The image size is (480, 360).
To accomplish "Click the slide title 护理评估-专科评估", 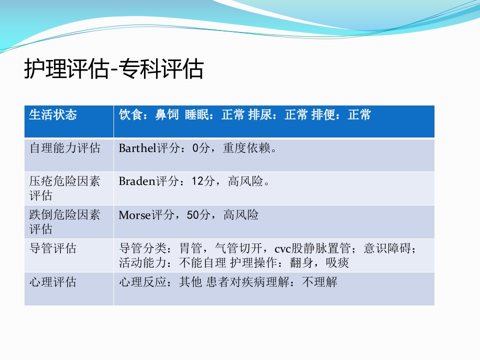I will coord(114,69).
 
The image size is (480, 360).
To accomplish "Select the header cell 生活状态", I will coord(53,115).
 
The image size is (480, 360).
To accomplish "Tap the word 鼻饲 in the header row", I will coord(166,115).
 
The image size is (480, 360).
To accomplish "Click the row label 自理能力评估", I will coord(64,148).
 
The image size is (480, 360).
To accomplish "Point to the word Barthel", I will coord(137,148).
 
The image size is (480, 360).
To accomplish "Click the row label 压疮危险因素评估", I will coord(64,188).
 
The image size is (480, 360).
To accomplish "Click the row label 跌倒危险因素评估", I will coord(64,221).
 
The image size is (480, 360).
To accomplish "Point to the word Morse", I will coord(134,215).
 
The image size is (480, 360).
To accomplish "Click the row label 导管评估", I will coord(53,248).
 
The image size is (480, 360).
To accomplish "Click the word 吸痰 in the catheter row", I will coord(337,262).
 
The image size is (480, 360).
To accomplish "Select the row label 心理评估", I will coord(53,282).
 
